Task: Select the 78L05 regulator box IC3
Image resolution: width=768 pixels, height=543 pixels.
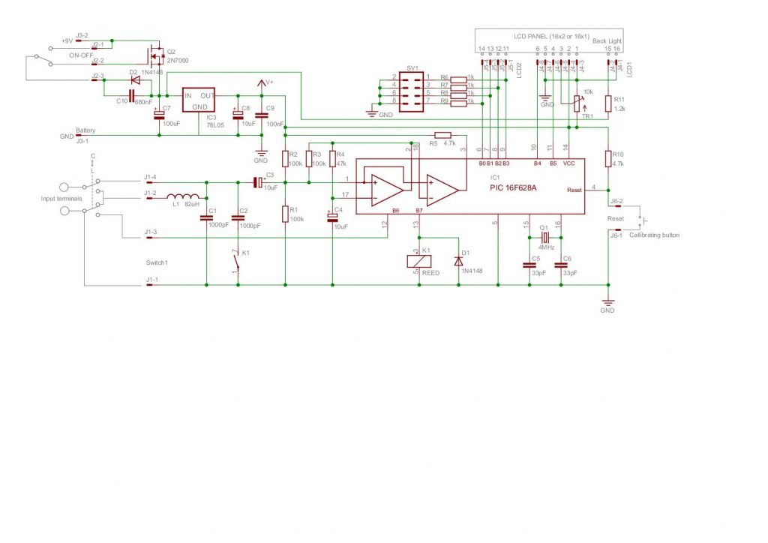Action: coord(199,103)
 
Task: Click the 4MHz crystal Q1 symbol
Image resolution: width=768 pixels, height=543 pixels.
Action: coord(545,237)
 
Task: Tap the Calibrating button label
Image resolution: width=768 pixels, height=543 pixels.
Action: coord(654,235)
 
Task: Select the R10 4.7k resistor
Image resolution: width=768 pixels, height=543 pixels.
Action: coord(607,158)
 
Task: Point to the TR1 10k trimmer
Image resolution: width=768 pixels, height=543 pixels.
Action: coord(577,103)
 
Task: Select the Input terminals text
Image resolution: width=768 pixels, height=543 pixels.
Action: coord(61,198)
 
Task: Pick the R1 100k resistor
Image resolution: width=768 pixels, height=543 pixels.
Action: coord(285,214)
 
